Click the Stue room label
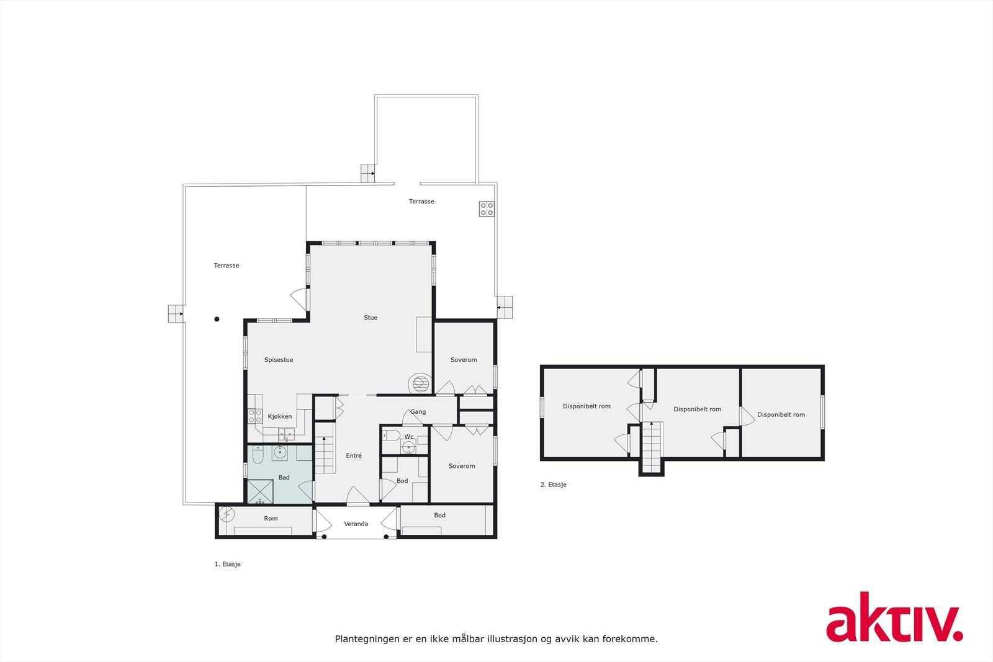(x=371, y=318)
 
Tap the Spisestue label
(x=279, y=360)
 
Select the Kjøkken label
(x=279, y=416)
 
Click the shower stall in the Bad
(x=261, y=491)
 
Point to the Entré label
(x=354, y=455)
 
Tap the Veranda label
(x=356, y=524)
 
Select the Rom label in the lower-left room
(x=271, y=518)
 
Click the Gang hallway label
(x=418, y=411)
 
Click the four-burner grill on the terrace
(x=487, y=209)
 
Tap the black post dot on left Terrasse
(x=217, y=320)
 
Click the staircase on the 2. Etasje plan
(x=652, y=446)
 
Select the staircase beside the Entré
(x=325, y=454)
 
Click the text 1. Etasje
(x=227, y=564)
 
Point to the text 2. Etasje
(x=553, y=485)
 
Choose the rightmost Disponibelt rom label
(x=781, y=414)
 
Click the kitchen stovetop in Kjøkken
(x=255, y=416)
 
